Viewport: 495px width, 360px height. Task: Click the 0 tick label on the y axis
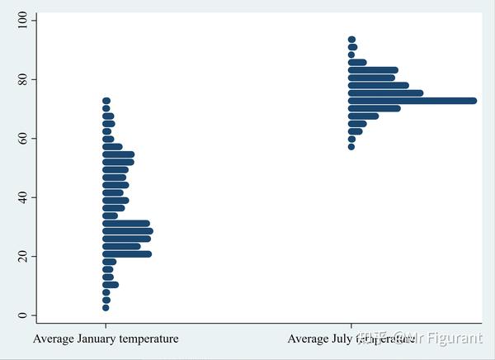22,315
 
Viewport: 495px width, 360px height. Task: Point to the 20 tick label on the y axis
22,256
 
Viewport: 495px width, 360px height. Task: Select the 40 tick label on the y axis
22,197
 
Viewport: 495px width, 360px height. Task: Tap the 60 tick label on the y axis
22,138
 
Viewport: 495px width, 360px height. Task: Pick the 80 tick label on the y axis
22,79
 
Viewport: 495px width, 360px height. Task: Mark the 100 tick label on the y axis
22,20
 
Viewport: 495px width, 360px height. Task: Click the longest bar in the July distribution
412,101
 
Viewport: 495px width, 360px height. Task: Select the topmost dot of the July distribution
351,40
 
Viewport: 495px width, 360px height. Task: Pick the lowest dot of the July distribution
351,146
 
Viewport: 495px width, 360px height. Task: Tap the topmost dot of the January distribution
106,101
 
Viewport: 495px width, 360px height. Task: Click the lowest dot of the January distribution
106,307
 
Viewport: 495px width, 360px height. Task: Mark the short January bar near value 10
111,285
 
